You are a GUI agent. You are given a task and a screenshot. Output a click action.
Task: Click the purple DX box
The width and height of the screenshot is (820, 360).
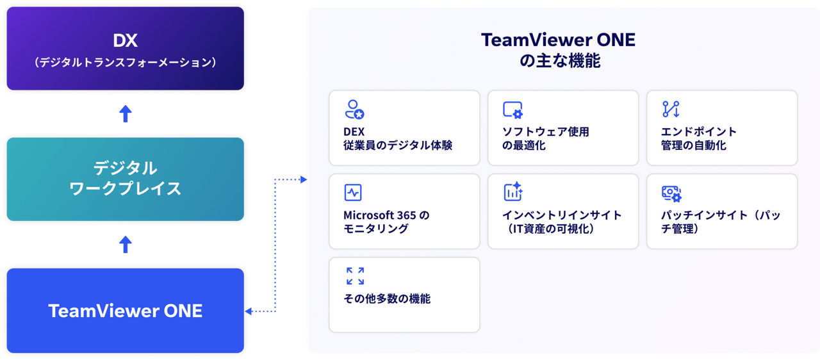[x=125, y=48]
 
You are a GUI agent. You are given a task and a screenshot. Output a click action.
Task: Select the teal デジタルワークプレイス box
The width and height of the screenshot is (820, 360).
[x=125, y=179]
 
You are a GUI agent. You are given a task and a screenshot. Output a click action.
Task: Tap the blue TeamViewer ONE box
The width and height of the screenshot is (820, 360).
[x=125, y=311]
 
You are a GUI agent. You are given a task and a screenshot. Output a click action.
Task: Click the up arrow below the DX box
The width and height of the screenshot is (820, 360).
[x=125, y=113]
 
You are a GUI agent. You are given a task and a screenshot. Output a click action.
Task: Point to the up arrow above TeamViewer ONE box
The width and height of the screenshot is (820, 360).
[x=125, y=244]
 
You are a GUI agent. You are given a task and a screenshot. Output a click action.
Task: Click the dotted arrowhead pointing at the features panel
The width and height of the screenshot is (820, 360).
[x=304, y=179]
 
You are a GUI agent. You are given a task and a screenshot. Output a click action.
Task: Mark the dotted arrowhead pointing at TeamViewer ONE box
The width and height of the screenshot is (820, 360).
[x=248, y=311]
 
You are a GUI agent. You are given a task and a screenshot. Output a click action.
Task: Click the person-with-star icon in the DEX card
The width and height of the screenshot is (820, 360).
[x=354, y=110]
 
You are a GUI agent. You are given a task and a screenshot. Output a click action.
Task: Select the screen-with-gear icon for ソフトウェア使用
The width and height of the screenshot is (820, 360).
[x=513, y=110]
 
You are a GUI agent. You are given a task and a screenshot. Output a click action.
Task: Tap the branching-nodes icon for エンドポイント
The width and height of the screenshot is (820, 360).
[x=671, y=109]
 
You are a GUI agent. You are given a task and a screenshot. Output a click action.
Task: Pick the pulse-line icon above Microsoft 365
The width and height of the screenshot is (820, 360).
[x=353, y=192]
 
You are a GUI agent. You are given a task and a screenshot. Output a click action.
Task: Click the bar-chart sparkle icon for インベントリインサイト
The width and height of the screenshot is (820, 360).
[x=513, y=192]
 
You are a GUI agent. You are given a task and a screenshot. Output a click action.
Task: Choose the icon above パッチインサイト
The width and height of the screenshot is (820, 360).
[x=671, y=193]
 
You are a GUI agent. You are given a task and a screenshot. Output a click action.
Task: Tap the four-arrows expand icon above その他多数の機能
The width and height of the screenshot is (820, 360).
[x=355, y=276]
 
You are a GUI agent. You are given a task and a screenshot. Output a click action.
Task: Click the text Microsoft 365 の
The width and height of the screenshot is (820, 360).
[x=386, y=215]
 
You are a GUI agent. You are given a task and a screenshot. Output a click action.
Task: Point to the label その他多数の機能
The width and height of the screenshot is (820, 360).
[x=387, y=299]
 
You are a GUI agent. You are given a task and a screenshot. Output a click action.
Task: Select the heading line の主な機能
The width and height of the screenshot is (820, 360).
[x=560, y=61]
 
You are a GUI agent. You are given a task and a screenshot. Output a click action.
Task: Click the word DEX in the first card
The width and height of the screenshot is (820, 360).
[x=354, y=132]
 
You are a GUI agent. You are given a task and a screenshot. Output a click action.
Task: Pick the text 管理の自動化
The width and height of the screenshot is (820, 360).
[x=693, y=145]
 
